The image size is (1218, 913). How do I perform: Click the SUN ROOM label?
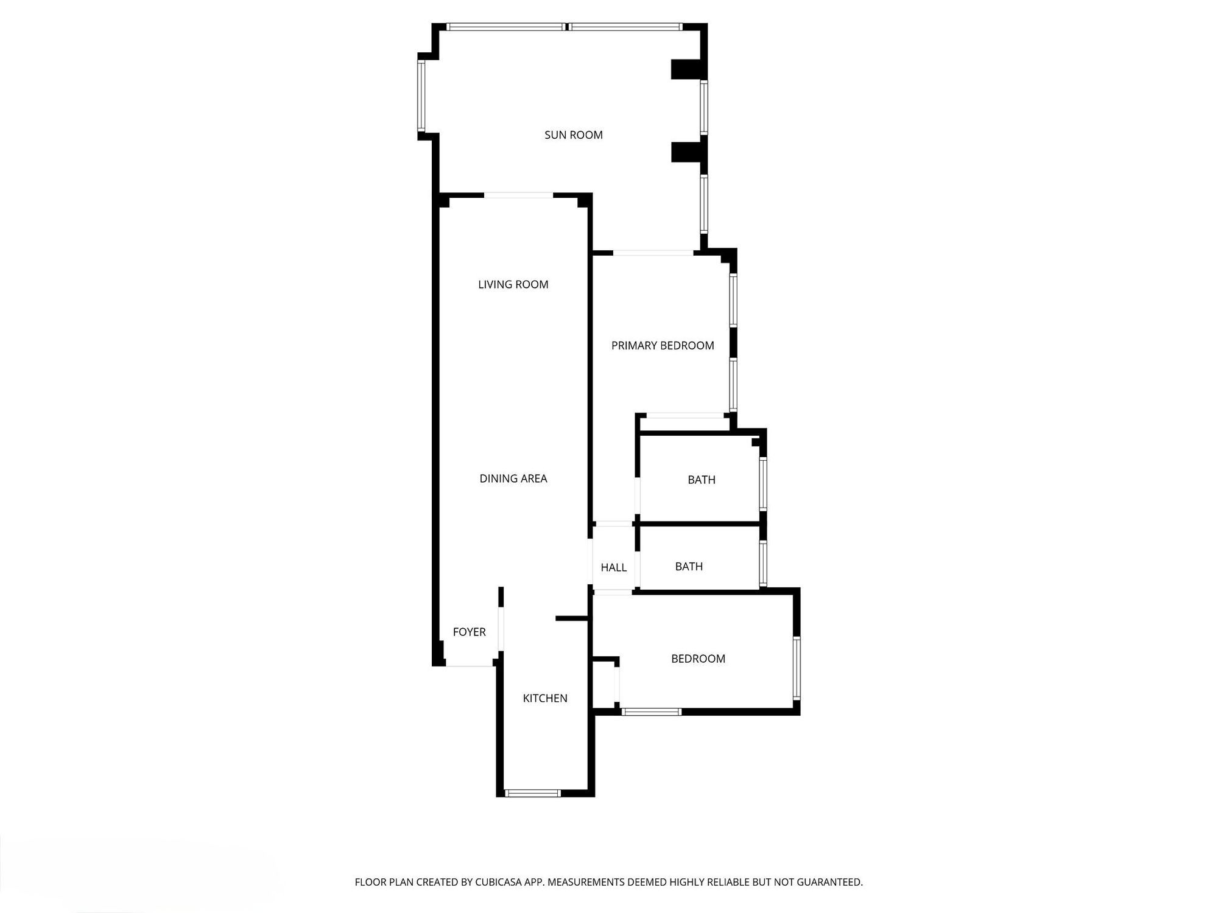573,135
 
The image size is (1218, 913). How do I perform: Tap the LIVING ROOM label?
513,284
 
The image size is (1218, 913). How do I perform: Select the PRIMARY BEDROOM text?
663,346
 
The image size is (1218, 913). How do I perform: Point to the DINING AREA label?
513,478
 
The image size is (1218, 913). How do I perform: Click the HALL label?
613,567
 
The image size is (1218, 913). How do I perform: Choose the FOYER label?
469,632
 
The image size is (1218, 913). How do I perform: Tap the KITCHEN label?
544,698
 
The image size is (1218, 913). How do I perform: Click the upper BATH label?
701,480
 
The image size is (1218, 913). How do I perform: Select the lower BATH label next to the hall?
689,566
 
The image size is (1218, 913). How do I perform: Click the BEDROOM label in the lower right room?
698,659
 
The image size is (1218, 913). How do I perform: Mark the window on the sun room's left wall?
421,96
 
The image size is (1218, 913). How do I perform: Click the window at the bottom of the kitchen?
532,793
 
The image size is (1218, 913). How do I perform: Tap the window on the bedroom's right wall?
797,668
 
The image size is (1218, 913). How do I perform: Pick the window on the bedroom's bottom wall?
651,712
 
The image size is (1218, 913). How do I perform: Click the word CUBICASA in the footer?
499,882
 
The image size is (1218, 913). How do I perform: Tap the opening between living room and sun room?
518,195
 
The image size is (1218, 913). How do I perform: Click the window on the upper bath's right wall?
763,484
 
